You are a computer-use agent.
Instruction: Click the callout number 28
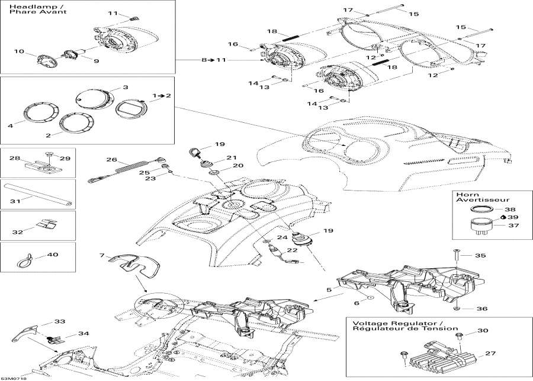coord(14,158)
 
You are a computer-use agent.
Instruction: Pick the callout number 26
coord(110,160)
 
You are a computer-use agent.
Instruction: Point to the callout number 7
coord(102,256)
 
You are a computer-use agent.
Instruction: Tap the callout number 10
coord(20,52)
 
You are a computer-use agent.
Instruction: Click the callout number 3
coord(125,87)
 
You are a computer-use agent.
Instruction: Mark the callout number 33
coord(60,322)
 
